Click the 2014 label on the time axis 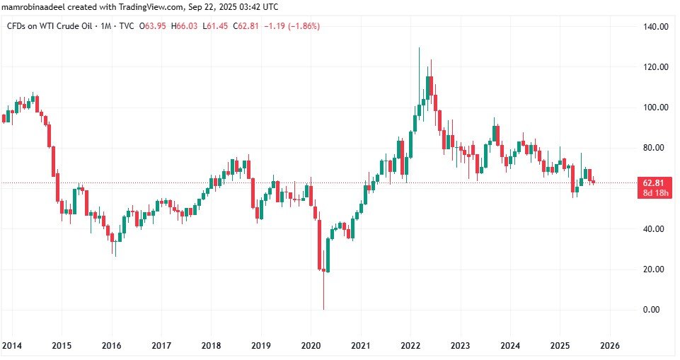click(11, 345)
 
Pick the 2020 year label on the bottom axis click(311, 345)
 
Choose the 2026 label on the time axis click(610, 345)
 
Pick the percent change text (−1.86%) click(300, 26)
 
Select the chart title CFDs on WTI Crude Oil click(51, 26)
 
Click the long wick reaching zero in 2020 click(323, 297)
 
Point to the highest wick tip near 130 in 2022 click(419, 49)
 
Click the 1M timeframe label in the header click(107, 26)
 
